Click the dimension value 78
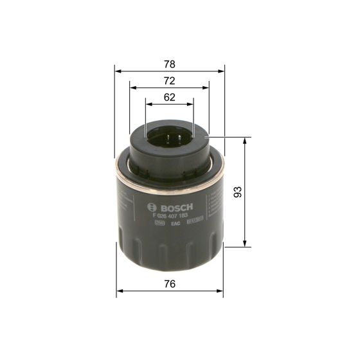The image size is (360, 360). (169, 64)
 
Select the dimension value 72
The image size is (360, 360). (169, 81)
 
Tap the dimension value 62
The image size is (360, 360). (169, 98)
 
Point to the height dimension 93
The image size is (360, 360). (237, 192)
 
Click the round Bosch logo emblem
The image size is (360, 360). (152, 207)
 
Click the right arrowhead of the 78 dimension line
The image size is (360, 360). (222, 69)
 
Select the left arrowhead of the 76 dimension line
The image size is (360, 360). (118, 291)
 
